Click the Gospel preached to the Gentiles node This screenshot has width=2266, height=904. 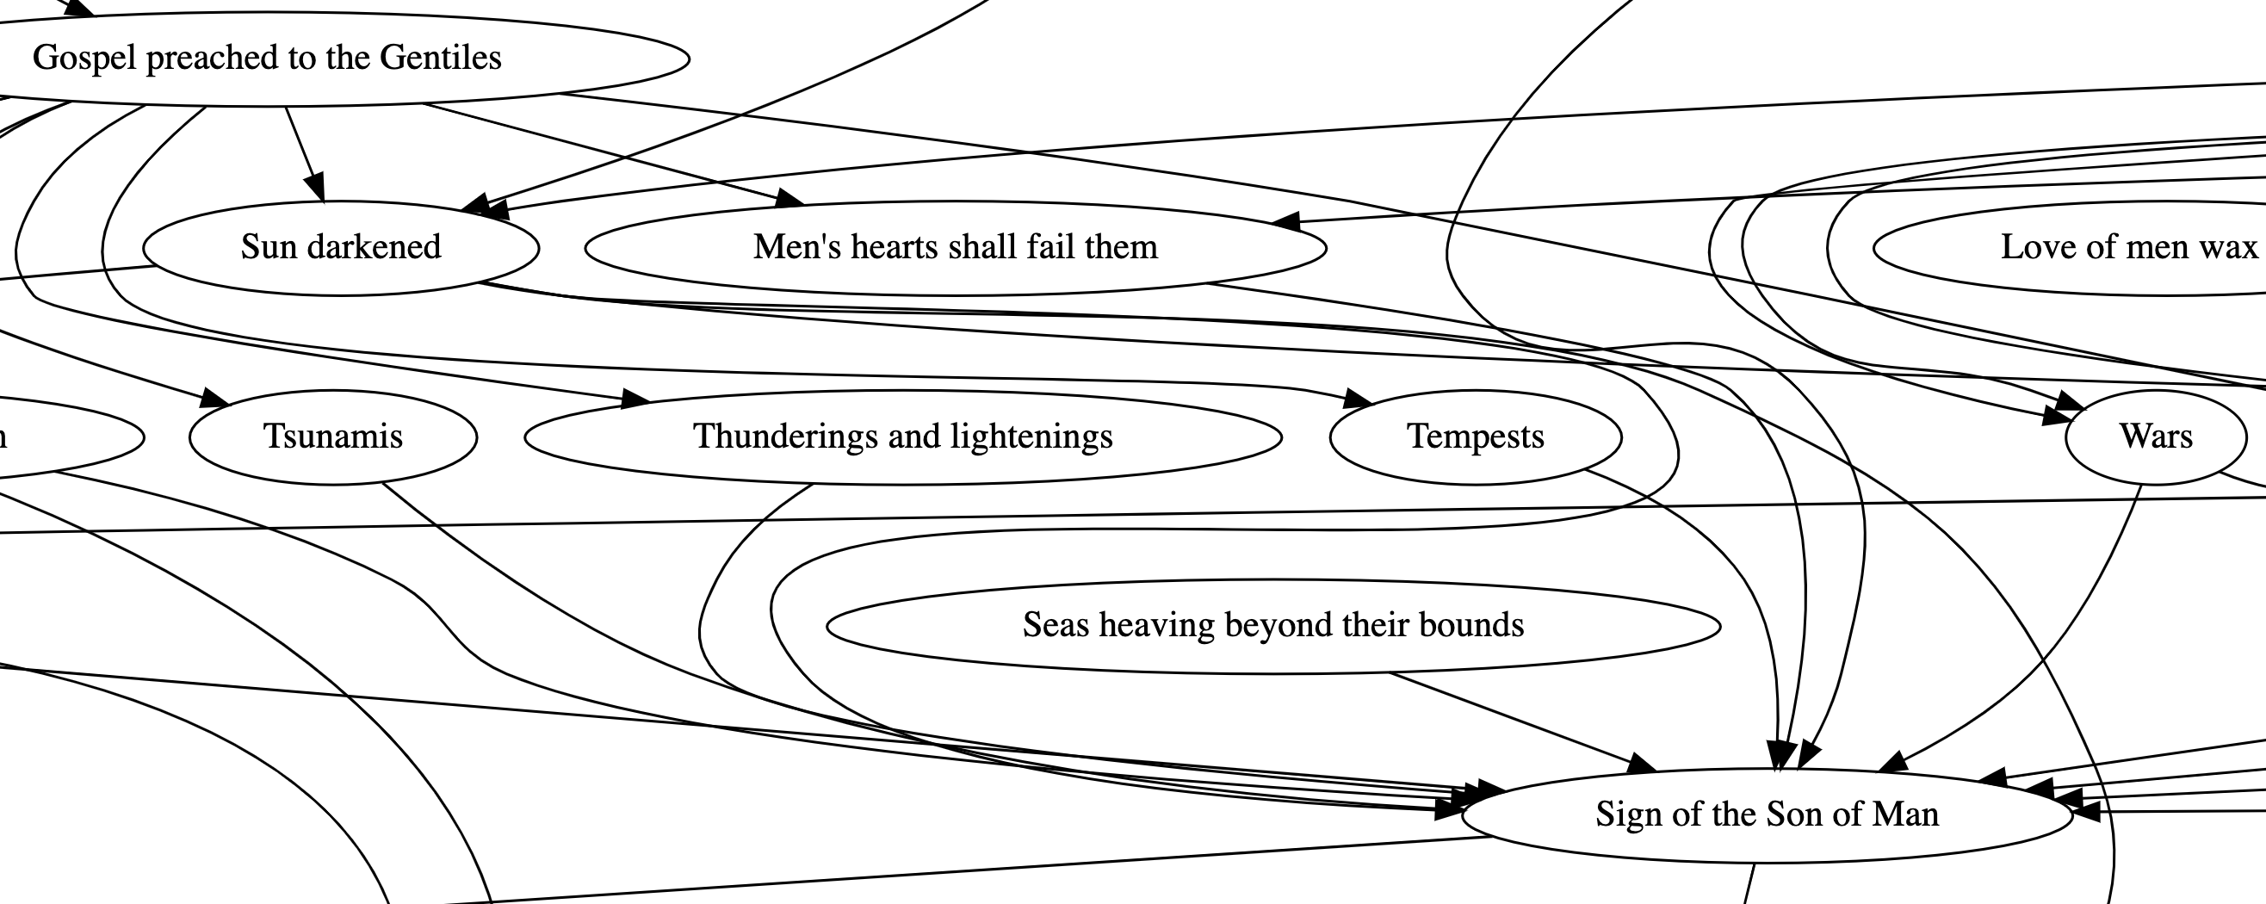(267, 59)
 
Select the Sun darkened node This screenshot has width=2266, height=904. (340, 248)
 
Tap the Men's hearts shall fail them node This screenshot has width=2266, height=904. (956, 248)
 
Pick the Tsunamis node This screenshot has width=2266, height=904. (332, 437)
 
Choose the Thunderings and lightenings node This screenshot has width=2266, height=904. (902, 437)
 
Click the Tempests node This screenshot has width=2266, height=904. (1475, 437)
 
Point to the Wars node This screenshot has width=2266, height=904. (2155, 437)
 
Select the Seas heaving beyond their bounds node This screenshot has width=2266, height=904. (1272, 626)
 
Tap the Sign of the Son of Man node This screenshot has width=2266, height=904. (1767, 815)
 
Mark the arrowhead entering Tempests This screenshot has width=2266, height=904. (1359, 400)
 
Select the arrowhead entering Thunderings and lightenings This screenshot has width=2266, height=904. (635, 400)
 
